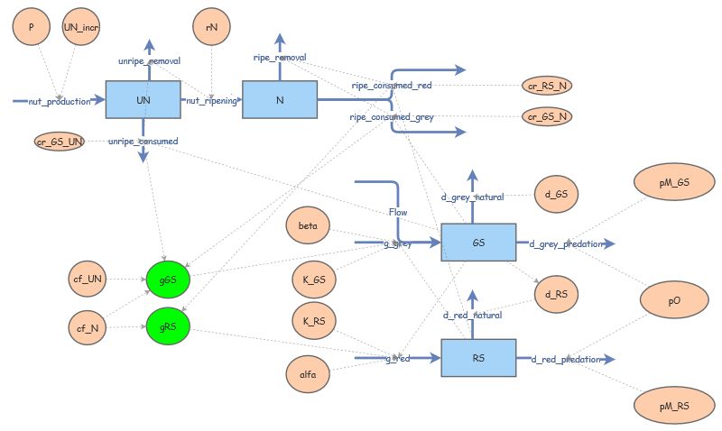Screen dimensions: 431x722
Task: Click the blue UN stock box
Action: click(143, 99)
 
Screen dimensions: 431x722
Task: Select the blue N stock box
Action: click(280, 99)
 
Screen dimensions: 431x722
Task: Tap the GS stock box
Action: click(477, 243)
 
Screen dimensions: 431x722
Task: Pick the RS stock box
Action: click(477, 358)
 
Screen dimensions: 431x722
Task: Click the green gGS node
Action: click(168, 281)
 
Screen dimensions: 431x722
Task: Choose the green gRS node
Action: click(168, 326)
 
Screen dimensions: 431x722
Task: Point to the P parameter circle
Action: click(32, 28)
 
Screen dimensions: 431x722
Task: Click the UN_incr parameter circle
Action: click(82, 28)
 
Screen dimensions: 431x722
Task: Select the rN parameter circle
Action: click(211, 28)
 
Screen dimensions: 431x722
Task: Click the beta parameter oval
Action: click(307, 223)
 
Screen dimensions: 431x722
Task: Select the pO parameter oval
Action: click(674, 301)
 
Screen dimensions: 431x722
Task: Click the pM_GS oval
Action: click(674, 182)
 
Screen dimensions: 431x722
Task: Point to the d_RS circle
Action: click(555, 295)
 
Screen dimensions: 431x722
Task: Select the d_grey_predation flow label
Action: click(566, 243)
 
